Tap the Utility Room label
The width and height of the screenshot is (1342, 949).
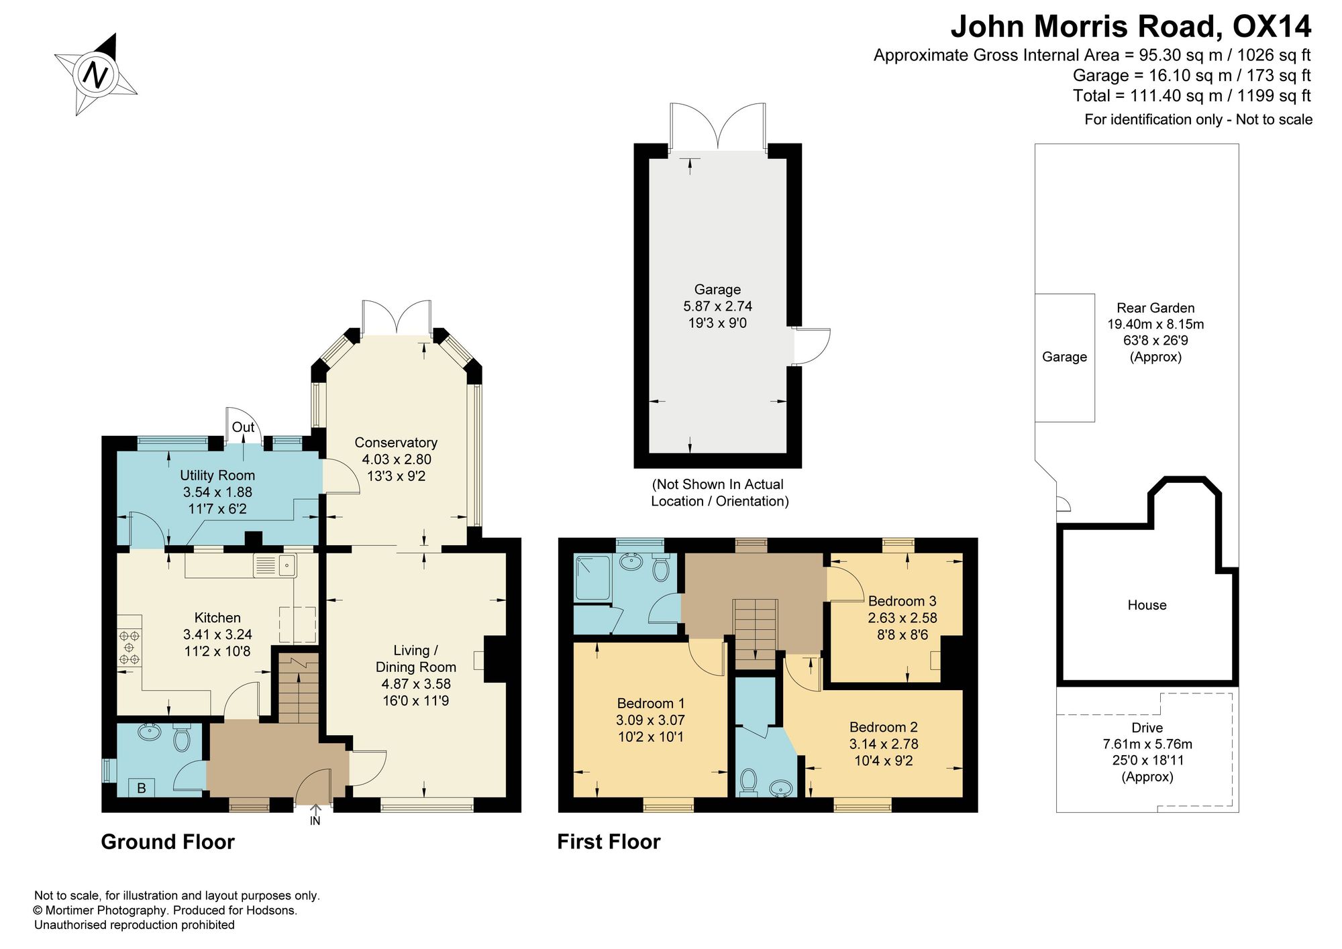pyautogui.click(x=217, y=476)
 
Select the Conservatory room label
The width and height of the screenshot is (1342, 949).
pyautogui.click(x=396, y=443)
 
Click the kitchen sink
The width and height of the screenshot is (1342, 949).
pyautogui.click(x=276, y=566)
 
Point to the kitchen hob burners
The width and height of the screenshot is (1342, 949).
pyautogui.click(x=130, y=647)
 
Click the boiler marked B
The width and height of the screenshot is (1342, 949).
pyautogui.click(x=142, y=788)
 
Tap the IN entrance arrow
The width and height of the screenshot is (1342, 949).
pyautogui.click(x=315, y=814)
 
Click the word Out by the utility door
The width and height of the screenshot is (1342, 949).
pyautogui.click(x=243, y=427)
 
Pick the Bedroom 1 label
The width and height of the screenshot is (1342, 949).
pyautogui.click(x=651, y=704)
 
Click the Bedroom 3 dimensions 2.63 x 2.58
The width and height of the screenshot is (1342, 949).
pyautogui.click(x=902, y=618)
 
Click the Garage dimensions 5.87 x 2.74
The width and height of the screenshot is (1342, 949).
pyautogui.click(x=717, y=306)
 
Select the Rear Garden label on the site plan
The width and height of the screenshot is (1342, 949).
pyautogui.click(x=1155, y=308)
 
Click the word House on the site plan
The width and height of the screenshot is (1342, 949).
pyautogui.click(x=1147, y=605)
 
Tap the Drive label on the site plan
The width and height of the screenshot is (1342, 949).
pyautogui.click(x=1147, y=728)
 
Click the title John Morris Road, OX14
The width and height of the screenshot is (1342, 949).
pyautogui.click(x=1131, y=27)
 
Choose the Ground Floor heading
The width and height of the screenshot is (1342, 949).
pyautogui.click(x=168, y=842)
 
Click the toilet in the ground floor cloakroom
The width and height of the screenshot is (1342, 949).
pyautogui.click(x=182, y=737)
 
